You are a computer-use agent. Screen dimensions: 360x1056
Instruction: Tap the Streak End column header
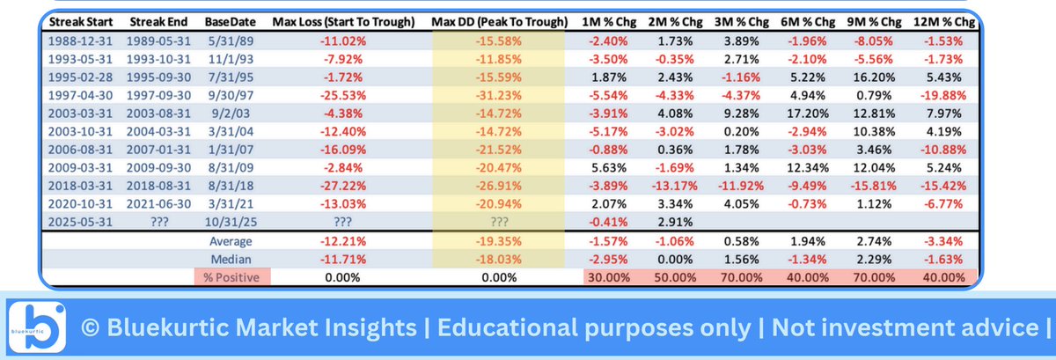tap(158, 18)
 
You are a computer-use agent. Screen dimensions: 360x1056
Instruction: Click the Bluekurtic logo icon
tap(34, 327)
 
